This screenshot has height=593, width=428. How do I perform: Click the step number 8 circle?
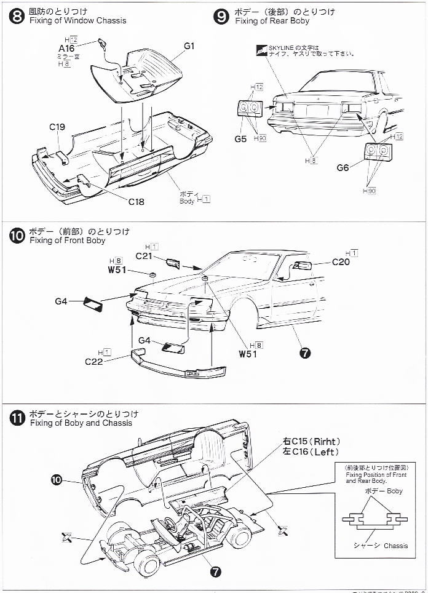[17, 16]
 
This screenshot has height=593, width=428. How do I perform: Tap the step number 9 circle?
[222, 16]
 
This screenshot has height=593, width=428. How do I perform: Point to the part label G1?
[189, 46]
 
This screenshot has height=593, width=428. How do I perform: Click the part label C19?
[57, 127]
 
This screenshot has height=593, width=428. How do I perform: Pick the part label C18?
[136, 201]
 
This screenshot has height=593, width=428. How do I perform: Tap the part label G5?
[240, 139]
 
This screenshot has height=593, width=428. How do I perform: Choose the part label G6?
[343, 167]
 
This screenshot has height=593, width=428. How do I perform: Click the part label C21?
[143, 255]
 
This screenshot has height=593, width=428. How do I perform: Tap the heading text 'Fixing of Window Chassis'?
[77, 20]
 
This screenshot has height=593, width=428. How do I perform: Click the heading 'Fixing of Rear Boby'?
[272, 21]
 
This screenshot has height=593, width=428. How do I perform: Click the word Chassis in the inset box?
[395, 546]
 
